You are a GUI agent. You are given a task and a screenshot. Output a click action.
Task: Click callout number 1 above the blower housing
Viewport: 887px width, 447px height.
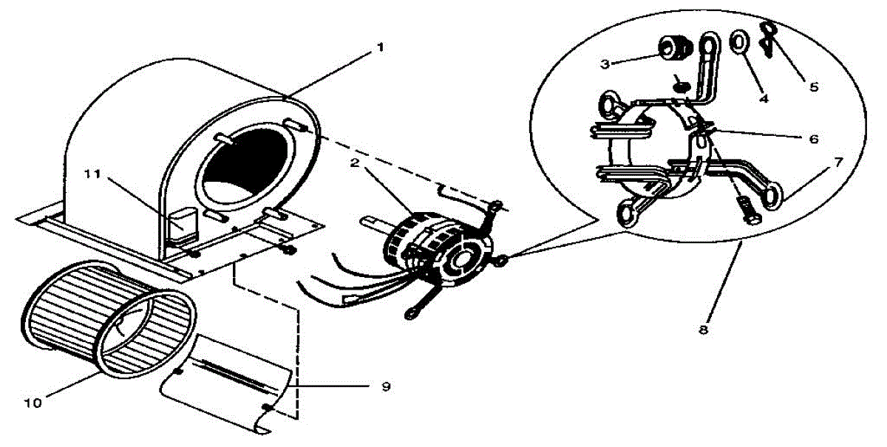click(x=380, y=46)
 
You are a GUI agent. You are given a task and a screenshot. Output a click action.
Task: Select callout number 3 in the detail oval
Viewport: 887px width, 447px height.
click(x=604, y=64)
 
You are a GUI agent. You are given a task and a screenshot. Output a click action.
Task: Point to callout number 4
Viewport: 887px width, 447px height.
click(x=764, y=98)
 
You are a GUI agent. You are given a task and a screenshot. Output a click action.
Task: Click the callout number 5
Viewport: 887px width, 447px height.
click(x=814, y=86)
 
